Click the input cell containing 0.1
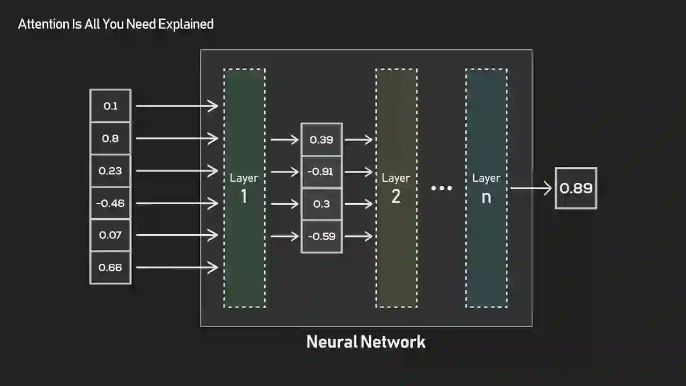pyautogui.click(x=110, y=106)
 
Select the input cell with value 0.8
pyautogui.click(x=110, y=138)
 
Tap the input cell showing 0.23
pyautogui.click(x=110, y=171)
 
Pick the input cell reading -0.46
pyautogui.click(x=110, y=203)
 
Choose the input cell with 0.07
pyautogui.click(x=110, y=235)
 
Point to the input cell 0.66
pyautogui.click(x=110, y=267)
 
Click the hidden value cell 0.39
pyautogui.click(x=322, y=140)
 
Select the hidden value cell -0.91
pyautogui.click(x=322, y=172)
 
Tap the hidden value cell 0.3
pyautogui.click(x=322, y=204)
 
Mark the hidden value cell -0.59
pyautogui.click(x=322, y=236)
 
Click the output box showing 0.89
pyautogui.click(x=576, y=188)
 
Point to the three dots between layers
pyautogui.click(x=442, y=188)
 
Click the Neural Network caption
pyautogui.click(x=366, y=342)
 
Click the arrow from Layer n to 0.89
pyautogui.click(x=531, y=188)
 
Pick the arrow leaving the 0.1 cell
pyautogui.click(x=177, y=106)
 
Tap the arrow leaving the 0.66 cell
pyautogui.click(x=177, y=267)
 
